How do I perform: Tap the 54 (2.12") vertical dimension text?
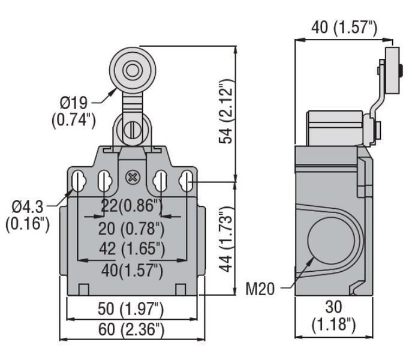[226, 111]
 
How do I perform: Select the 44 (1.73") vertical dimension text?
[226, 239]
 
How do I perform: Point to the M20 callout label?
[260, 289]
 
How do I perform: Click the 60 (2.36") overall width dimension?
[131, 329]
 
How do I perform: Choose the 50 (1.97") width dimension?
[131, 309]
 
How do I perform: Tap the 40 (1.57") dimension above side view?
[344, 27]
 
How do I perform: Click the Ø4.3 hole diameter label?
[28, 215]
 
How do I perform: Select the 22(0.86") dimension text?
[132, 206]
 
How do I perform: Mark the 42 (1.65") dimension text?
[132, 249]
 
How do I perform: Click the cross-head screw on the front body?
[133, 178]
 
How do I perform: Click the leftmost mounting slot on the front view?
[78, 181]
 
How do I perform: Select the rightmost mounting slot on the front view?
[187, 181]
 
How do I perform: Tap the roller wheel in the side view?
[392, 70]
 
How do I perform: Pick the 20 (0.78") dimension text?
[131, 229]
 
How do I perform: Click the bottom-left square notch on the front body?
[83, 290]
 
